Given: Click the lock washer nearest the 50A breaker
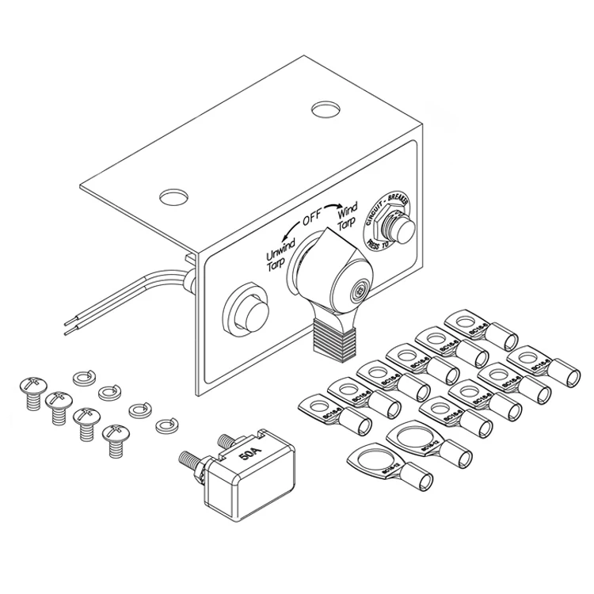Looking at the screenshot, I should tap(166, 425).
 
